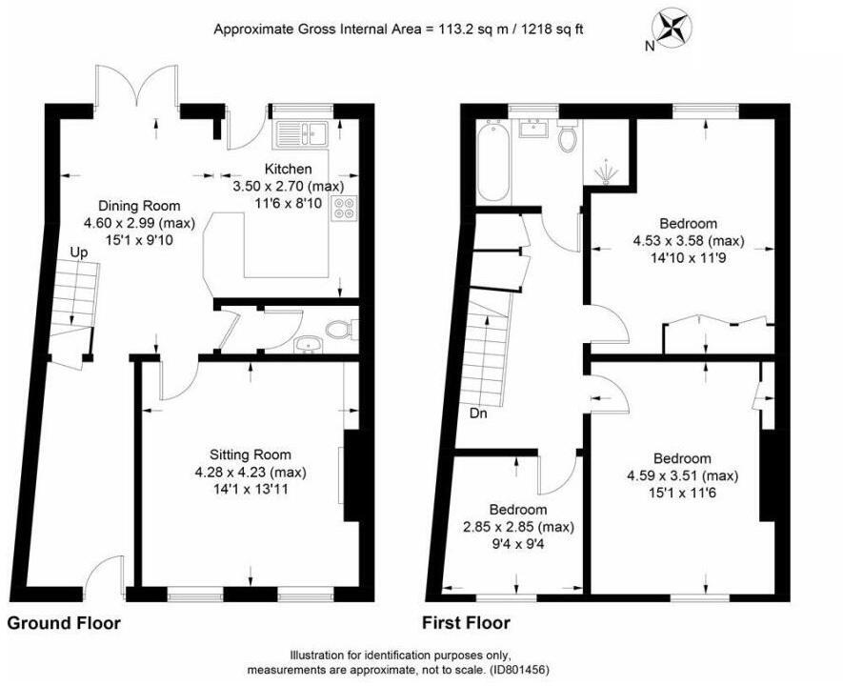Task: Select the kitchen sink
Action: (x=300, y=133)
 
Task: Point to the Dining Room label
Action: (x=139, y=206)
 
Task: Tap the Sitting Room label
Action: (x=251, y=454)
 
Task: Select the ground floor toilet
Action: (x=339, y=330)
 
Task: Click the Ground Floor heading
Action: (x=64, y=623)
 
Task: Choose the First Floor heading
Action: (x=466, y=623)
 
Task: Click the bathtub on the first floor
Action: (x=492, y=159)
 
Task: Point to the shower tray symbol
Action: (x=607, y=170)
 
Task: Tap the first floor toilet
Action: (x=568, y=139)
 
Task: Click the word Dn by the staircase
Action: (x=480, y=414)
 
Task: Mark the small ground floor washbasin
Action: (x=307, y=344)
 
